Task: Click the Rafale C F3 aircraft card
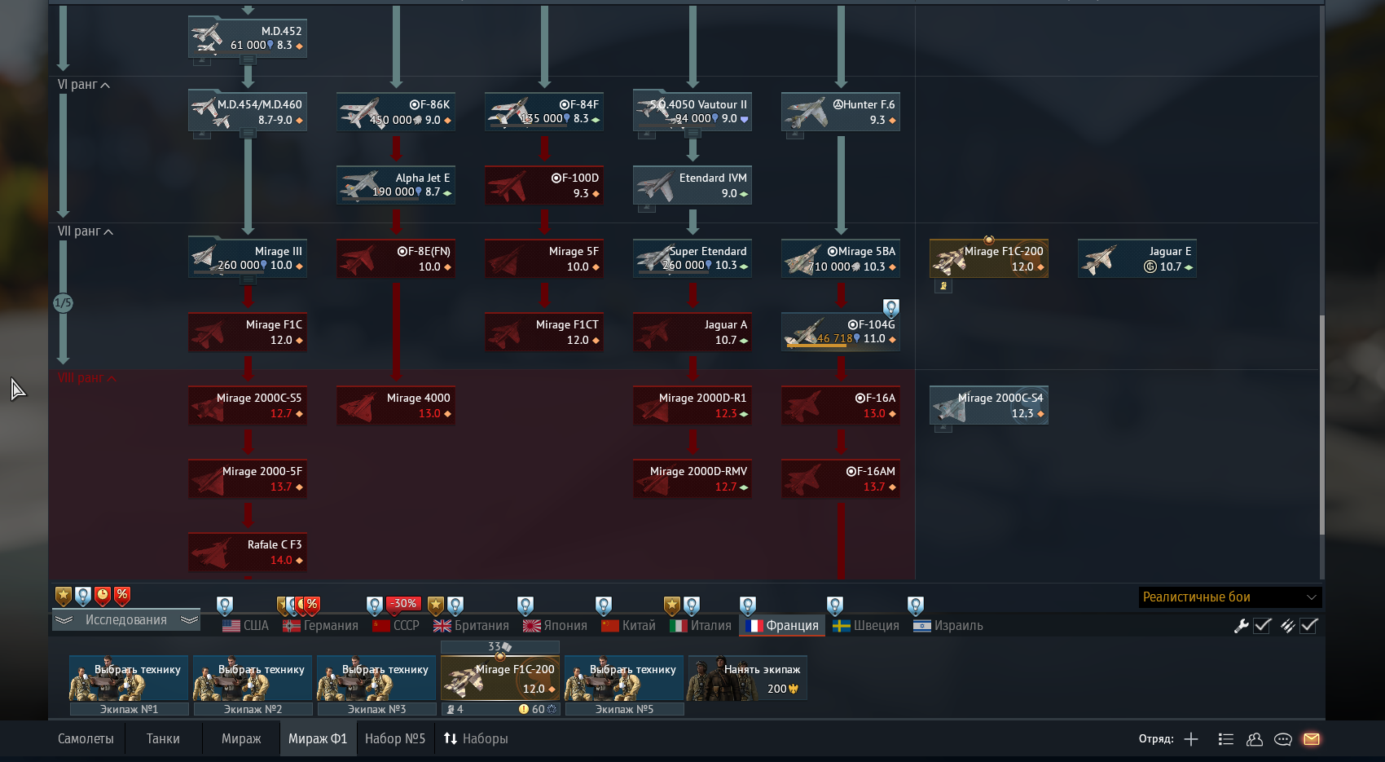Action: click(x=248, y=552)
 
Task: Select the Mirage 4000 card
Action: click(x=396, y=405)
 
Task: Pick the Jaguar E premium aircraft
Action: click(x=1137, y=258)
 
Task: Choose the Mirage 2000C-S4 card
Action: click(x=989, y=405)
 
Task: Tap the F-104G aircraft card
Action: click(x=841, y=332)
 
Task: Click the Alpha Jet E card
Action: click(x=396, y=185)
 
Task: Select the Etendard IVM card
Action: click(x=692, y=185)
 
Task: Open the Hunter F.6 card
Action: click(x=841, y=112)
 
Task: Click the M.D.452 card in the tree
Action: click(x=248, y=37)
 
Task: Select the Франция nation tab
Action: click(x=783, y=625)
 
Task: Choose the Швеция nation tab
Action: click(x=866, y=625)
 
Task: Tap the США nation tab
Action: click(x=246, y=625)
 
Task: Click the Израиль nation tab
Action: click(x=948, y=625)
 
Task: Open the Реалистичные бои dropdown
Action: click(x=1229, y=597)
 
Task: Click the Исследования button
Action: click(x=126, y=620)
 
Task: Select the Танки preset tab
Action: click(x=163, y=738)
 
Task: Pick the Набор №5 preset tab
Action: click(x=395, y=738)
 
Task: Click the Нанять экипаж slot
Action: click(x=748, y=678)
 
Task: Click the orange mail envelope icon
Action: click(x=1311, y=739)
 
